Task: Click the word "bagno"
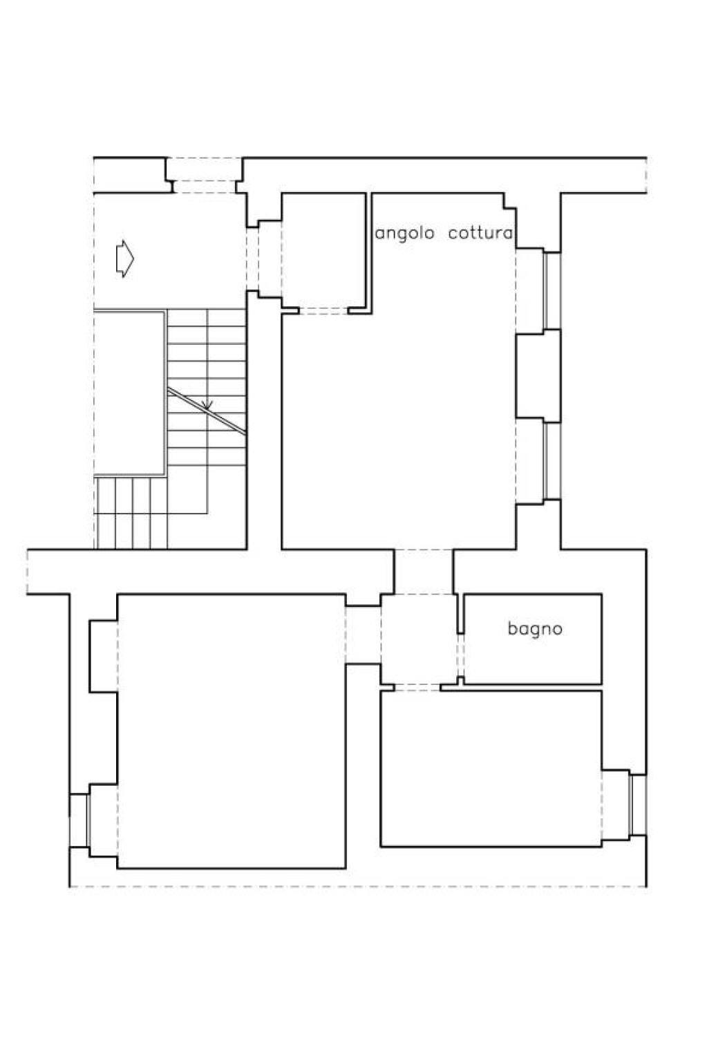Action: (535, 629)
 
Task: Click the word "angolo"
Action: (405, 233)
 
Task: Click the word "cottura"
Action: (480, 232)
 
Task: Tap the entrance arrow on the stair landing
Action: (125, 259)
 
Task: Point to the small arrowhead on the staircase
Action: (207, 404)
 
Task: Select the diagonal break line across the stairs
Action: (207, 410)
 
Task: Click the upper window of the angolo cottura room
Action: (552, 290)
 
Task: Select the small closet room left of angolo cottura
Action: (323, 250)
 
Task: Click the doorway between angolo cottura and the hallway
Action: (424, 572)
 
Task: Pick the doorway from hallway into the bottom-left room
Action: (364, 635)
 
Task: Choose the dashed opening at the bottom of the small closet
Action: (323, 311)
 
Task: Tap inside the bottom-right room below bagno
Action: (491, 769)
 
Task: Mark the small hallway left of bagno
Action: (419, 639)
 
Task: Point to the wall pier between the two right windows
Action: (538, 375)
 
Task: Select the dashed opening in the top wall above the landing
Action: (204, 176)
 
